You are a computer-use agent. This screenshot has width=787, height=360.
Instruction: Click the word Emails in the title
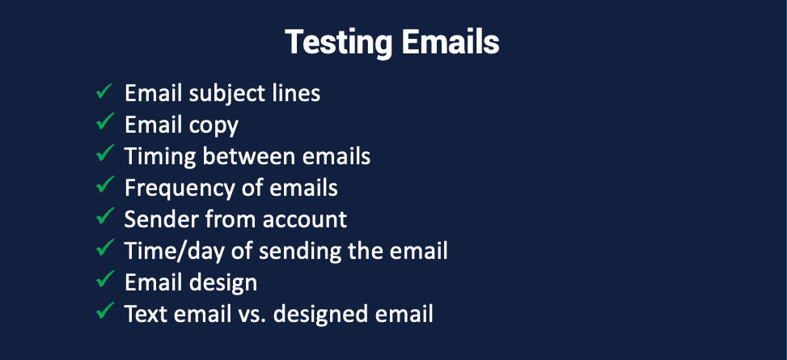click(x=451, y=42)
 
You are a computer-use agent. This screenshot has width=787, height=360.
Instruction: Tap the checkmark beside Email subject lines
click(x=104, y=91)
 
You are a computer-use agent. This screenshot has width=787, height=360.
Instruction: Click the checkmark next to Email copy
click(x=104, y=122)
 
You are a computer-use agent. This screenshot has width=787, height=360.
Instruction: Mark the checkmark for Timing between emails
click(x=104, y=154)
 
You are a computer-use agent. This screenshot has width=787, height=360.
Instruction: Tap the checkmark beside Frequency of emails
click(x=104, y=185)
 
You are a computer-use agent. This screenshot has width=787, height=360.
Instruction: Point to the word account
click(x=311, y=220)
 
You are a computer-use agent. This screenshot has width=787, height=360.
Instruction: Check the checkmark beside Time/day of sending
click(x=104, y=248)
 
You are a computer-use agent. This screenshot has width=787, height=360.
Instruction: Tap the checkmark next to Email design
click(x=104, y=279)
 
